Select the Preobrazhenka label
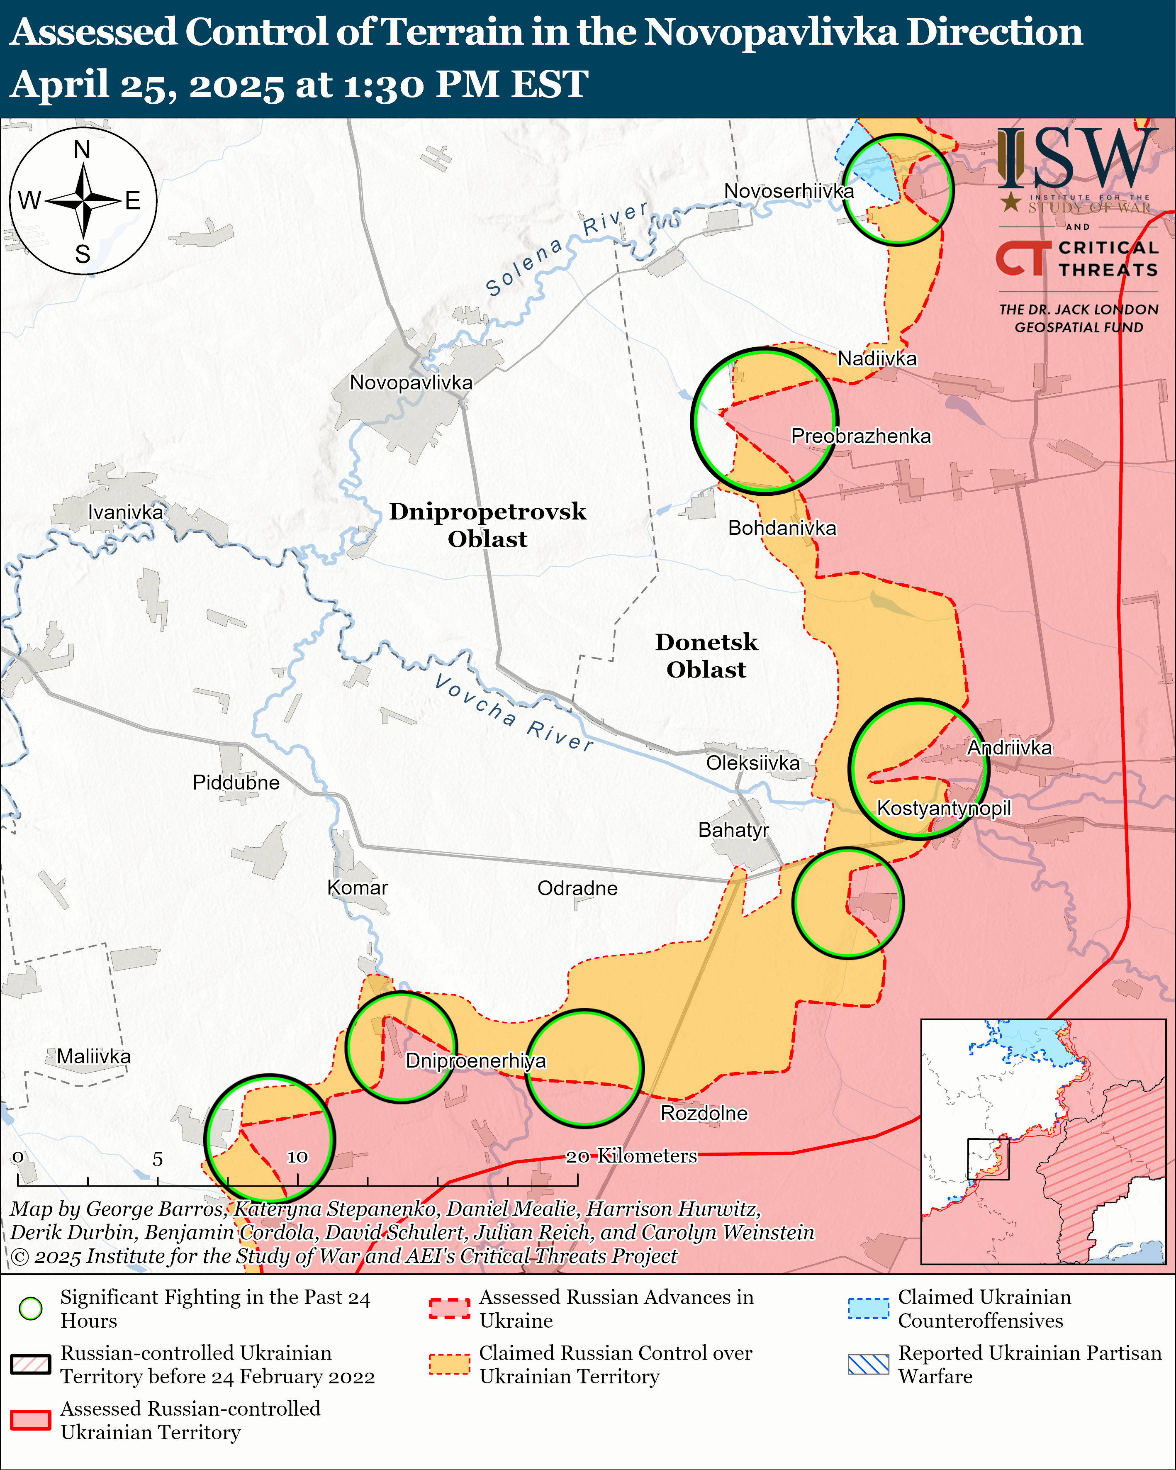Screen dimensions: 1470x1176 (x=860, y=436)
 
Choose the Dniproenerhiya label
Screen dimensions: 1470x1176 (x=475, y=1061)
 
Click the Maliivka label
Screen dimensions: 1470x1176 (x=93, y=1056)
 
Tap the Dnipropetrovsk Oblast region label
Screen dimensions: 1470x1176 (x=487, y=525)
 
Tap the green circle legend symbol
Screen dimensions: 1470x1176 (x=31, y=1309)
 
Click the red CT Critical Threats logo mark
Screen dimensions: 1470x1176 (x=1022, y=258)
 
